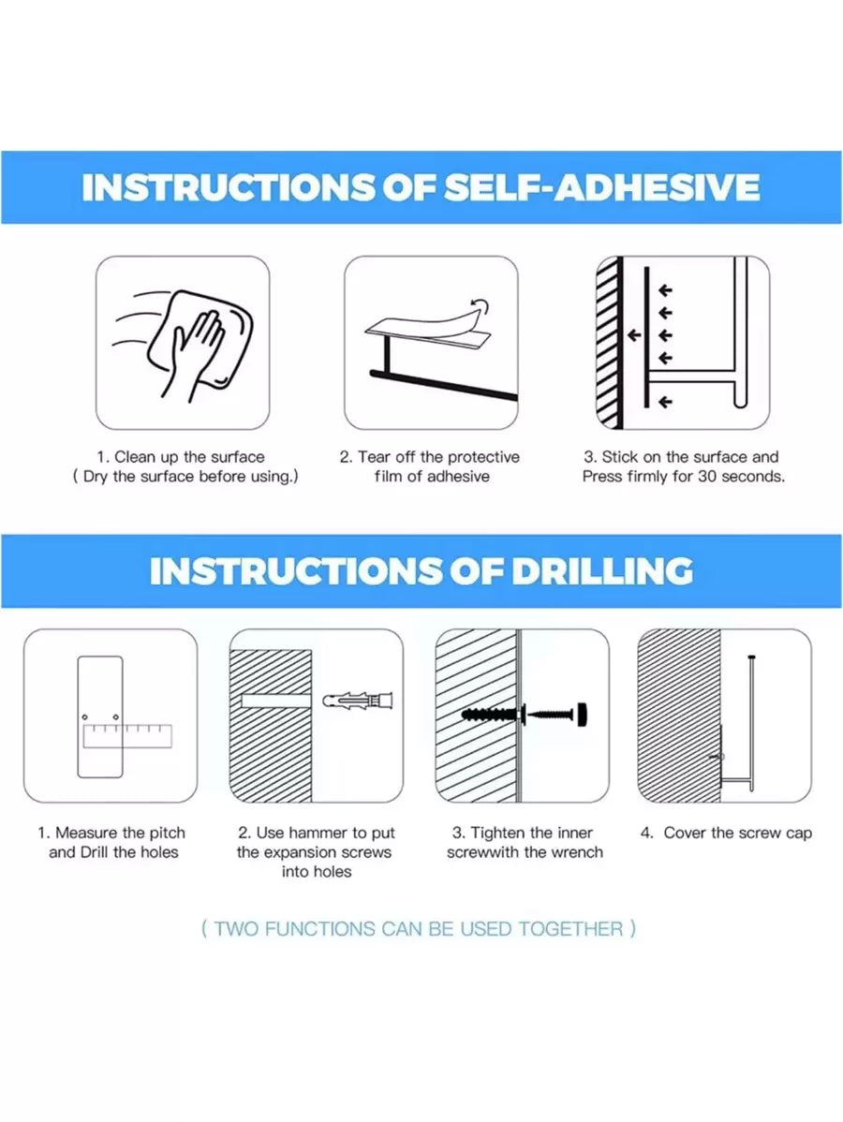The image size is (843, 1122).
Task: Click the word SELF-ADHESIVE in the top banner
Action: [602, 187]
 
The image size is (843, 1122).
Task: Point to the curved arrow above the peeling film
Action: [480, 308]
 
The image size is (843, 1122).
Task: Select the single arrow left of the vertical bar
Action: [634, 335]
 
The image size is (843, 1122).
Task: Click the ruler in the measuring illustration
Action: [127, 736]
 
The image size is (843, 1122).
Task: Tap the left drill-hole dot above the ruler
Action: [84, 716]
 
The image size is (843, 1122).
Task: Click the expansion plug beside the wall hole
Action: [358, 700]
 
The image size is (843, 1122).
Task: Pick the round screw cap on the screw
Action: [584, 714]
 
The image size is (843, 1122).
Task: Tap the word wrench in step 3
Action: [577, 852]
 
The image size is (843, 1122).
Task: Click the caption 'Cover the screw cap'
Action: [738, 833]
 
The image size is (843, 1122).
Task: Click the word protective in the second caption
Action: [483, 457]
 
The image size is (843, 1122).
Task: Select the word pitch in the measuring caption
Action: [168, 833]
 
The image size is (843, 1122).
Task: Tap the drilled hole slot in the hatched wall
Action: [275, 700]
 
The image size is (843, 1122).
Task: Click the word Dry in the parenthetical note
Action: [96, 478]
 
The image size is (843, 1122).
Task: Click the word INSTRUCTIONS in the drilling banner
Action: [295, 571]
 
